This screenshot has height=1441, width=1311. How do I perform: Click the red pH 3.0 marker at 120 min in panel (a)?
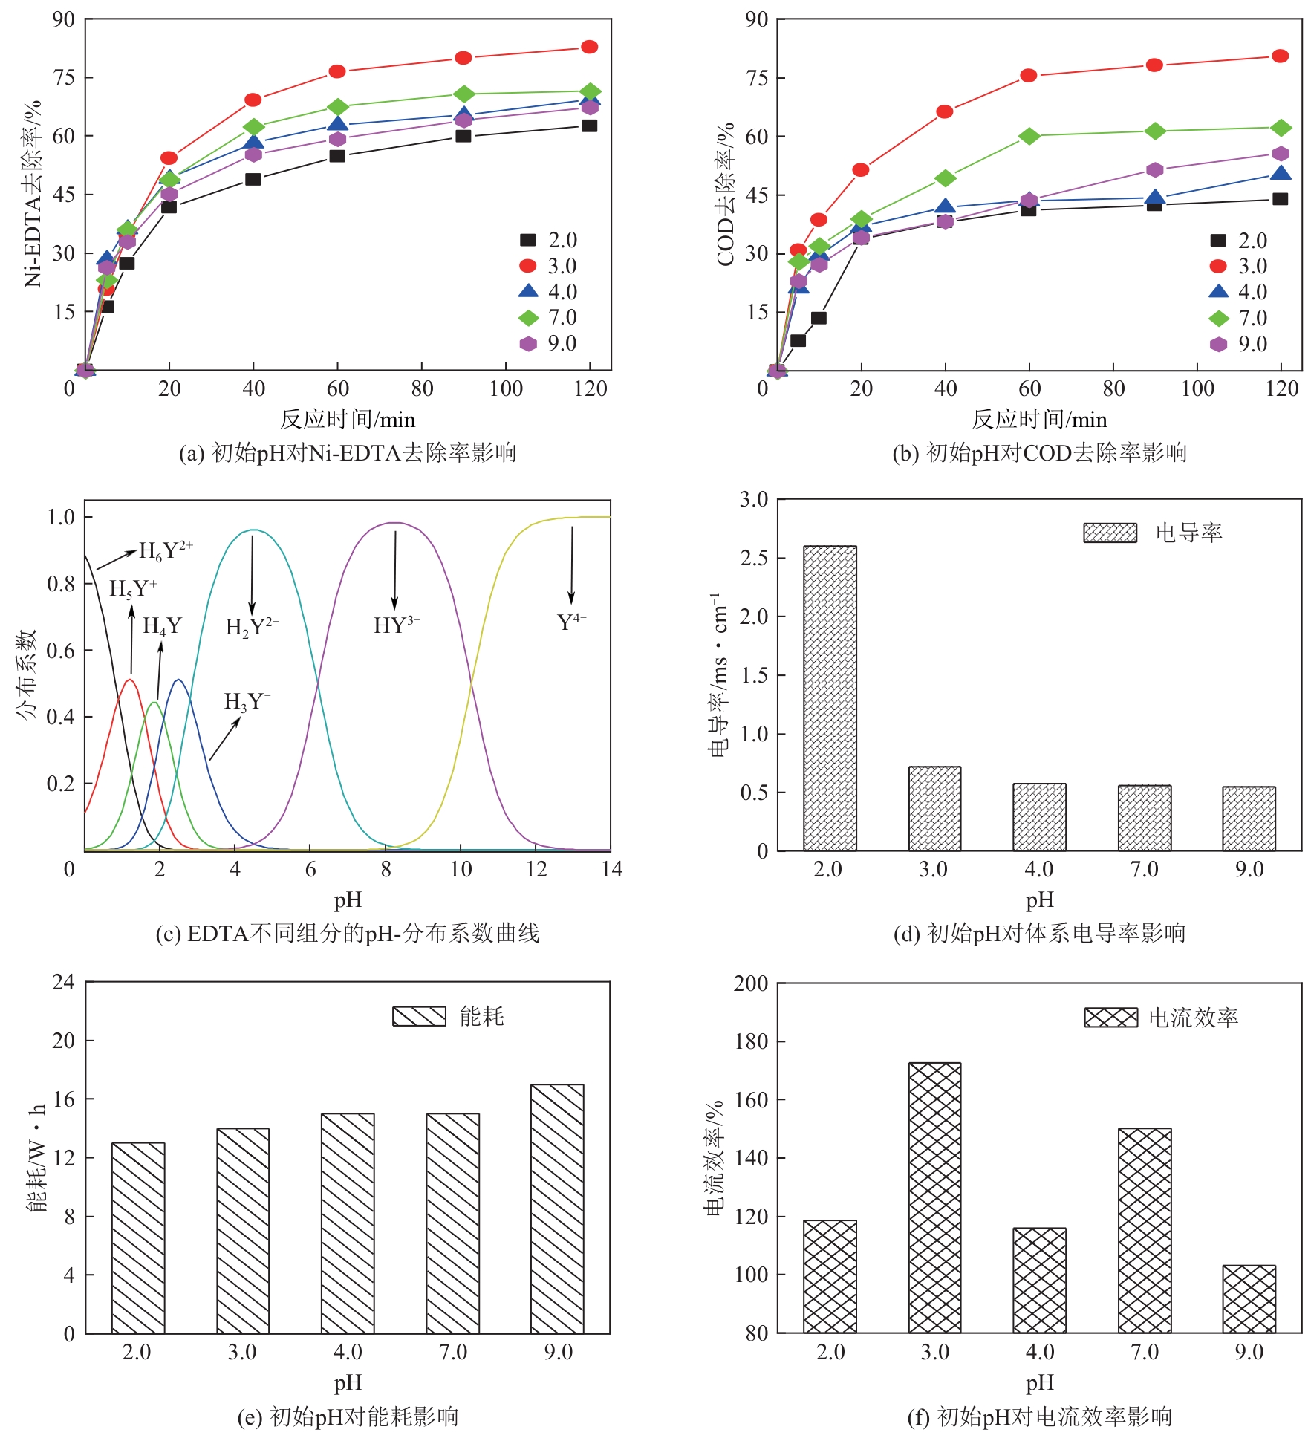(x=589, y=48)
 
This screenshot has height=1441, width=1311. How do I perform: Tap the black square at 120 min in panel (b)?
(x=1280, y=199)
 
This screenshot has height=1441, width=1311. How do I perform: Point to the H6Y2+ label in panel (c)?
(x=166, y=551)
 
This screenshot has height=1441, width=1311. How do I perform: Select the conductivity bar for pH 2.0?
(x=830, y=698)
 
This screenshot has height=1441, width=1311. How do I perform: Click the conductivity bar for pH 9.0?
(x=1249, y=819)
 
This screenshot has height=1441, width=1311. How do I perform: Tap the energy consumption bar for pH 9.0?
(x=557, y=1209)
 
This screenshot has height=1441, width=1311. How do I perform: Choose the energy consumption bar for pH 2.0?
(x=138, y=1237)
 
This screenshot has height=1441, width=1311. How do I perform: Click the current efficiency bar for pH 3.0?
(x=934, y=1197)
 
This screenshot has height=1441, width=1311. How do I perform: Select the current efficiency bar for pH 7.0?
(x=1144, y=1230)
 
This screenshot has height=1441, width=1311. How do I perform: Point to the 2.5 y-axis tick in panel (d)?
(x=754, y=559)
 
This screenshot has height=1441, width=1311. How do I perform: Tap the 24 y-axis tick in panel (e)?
(x=63, y=983)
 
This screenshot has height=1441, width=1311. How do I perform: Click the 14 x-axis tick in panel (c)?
(x=611, y=869)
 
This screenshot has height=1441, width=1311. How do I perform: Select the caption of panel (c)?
(x=347, y=933)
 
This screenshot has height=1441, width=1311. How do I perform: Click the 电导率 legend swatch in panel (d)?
(x=1110, y=533)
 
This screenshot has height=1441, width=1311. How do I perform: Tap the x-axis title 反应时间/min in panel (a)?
(x=347, y=420)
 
